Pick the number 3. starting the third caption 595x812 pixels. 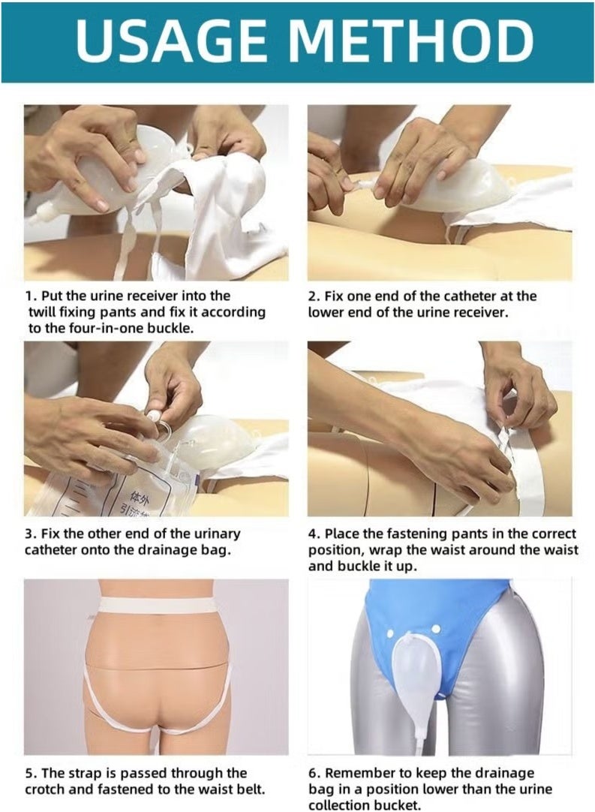point(30,534)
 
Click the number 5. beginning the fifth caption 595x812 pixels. point(30,772)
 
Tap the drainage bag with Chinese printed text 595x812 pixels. point(113,492)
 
